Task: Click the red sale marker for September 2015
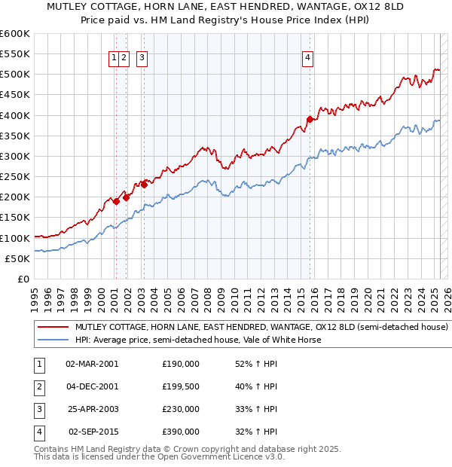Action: [310, 119]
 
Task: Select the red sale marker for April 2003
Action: [144, 184]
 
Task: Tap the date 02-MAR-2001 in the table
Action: [92, 364]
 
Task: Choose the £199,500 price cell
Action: [181, 386]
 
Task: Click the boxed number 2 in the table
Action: [38, 386]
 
